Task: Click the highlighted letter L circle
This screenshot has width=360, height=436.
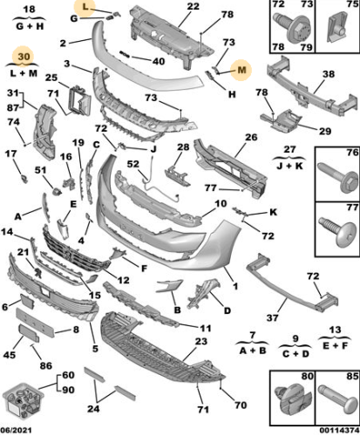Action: pyautogui.click(x=85, y=8)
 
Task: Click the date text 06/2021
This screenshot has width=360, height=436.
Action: pyautogui.click(x=17, y=430)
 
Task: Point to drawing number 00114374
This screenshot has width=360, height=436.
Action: pyautogui.click(x=335, y=430)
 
